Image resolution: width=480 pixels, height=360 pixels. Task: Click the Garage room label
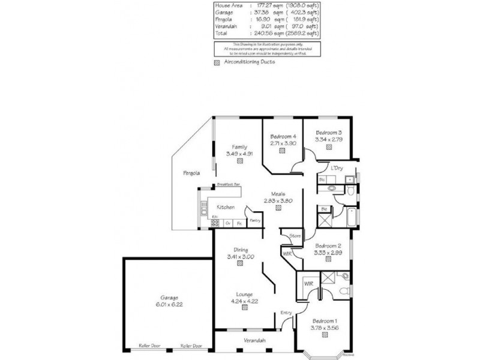[169, 297]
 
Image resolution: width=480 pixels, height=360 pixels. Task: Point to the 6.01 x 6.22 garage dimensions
[169, 304]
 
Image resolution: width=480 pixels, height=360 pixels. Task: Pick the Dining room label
[241, 250]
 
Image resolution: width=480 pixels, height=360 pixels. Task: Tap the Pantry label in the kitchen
[254, 220]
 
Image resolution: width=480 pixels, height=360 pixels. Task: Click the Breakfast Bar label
[228, 185]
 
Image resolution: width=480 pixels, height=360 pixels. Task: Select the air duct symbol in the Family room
[240, 161]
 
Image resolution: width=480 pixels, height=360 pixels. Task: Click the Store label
[294, 236]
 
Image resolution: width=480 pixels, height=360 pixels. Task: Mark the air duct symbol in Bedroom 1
[325, 336]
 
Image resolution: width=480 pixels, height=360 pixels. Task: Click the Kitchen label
[226, 207]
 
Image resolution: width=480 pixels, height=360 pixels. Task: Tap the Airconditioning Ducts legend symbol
[217, 62]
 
